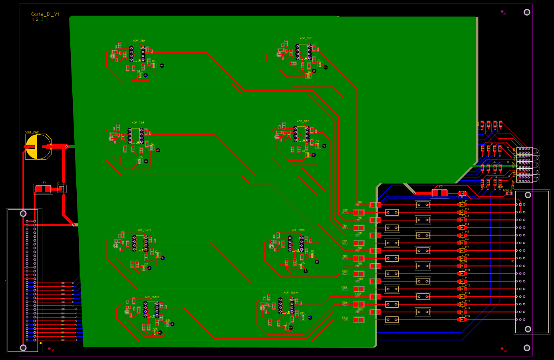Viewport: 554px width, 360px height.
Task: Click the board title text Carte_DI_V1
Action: pyautogui.click(x=45, y=14)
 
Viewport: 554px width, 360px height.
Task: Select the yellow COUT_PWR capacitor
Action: pyautogui.click(x=38, y=147)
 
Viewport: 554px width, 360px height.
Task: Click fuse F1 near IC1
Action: pyautogui.click(x=43, y=189)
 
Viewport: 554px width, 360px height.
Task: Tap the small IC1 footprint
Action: pyautogui.click(x=62, y=189)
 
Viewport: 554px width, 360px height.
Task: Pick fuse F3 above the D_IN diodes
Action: pyautogui.click(x=439, y=193)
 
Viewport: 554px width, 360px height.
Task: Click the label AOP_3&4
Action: pyautogui.click(x=139, y=41)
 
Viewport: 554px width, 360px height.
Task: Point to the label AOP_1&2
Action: pyautogui.click(x=306, y=39)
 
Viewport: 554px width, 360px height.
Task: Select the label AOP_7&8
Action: pyautogui.click(x=138, y=123)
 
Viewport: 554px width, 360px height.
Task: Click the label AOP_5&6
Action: pyautogui.click(x=303, y=121)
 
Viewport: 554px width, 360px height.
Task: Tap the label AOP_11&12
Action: pyautogui.click(x=144, y=231)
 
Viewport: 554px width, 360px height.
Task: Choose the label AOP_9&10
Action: pyautogui.click(x=298, y=230)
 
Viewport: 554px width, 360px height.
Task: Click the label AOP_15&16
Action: pyautogui.click(x=152, y=297)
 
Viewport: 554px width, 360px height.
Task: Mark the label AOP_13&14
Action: pyautogui.click(x=290, y=293)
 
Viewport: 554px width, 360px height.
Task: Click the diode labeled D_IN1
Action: pyautogui.click(x=462, y=205)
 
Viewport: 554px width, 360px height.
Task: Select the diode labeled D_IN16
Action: pyautogui.click(x=462, y=320)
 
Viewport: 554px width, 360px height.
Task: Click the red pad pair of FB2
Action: pyautogui.click(x=359, y=213)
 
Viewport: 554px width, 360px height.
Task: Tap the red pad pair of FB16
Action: pyautogui.click(x=359, y=320)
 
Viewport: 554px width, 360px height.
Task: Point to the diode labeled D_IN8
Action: pyautogui.click(x=462, y=259)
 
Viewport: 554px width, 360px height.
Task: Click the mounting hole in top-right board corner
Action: pyautogui.click(x=527, y=12)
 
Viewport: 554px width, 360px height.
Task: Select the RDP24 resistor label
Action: pyautogui.click(x=506, y=191)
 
